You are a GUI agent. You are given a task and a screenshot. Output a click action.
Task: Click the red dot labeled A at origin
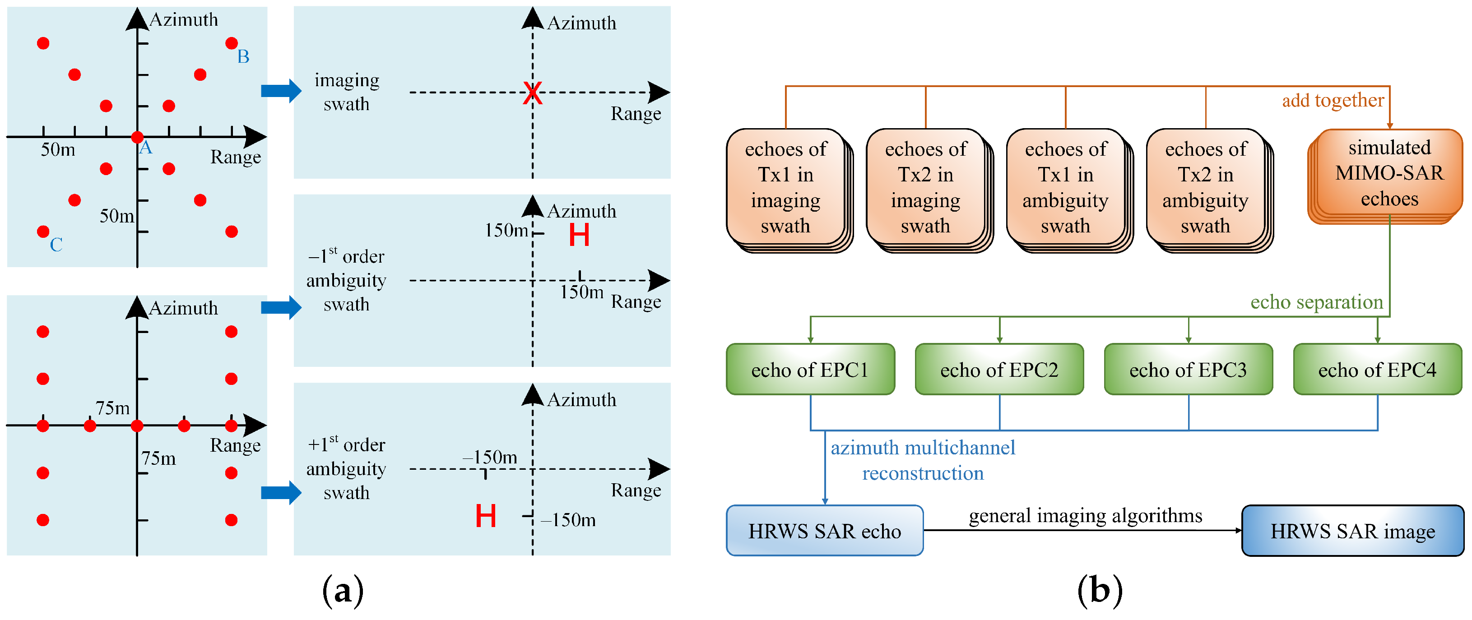tap(137, 137)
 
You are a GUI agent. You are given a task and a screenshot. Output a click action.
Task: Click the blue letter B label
tap(243, 56)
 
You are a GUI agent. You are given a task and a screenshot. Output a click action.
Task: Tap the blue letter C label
tap(56, 245)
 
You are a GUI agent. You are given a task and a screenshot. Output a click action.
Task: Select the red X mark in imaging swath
tap(532, 93)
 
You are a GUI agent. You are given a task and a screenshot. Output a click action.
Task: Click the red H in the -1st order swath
tap(579, 235)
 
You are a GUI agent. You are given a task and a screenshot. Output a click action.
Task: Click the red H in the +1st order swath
tap(485, 516)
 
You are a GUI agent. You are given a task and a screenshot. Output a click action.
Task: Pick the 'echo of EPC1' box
tap(810, 370)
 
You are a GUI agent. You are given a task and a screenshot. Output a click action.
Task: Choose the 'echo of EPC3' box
tap(1188, 370)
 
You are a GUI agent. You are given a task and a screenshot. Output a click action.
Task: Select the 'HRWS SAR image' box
tap(1352, 531)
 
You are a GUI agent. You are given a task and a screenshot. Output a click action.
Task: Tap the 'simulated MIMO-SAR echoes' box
tap(1388, 173)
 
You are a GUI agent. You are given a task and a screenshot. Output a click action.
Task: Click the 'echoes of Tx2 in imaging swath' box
tap(925, 187)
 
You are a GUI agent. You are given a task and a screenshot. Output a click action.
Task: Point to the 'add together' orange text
tap(1333, 101)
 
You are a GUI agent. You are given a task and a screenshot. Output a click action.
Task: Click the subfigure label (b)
tap(1100, 590)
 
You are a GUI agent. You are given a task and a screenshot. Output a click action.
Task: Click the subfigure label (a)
tap(343, 590)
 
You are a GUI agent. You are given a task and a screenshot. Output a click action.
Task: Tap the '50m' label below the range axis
tap(58, 150)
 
